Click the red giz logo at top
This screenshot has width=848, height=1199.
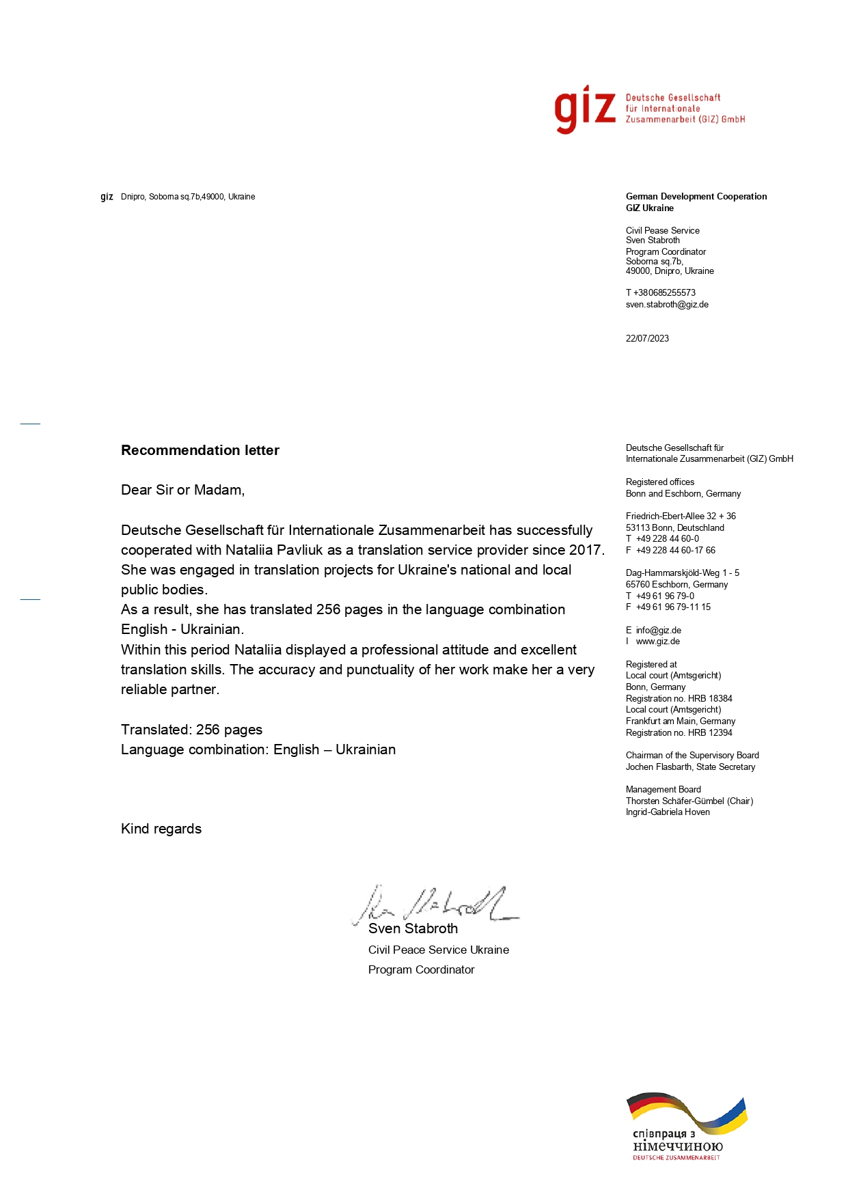pos(585,109)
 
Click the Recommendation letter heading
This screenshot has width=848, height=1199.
pos(200,450)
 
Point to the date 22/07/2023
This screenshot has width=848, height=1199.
pos(647,339)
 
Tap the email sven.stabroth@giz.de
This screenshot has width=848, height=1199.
pos(667,305)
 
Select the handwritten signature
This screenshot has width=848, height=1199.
pos(434,905)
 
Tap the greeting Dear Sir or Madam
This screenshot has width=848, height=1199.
pos(182,490)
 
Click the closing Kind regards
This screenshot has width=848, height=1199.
pos(161,829)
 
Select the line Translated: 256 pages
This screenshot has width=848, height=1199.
pos(191,730)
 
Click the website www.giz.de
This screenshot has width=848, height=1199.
pos(657,642)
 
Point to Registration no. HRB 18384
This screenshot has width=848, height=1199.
pos(679,698)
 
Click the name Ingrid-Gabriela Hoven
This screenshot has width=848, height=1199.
pos(668,812)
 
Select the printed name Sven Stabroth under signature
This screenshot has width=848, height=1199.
pos(413,928)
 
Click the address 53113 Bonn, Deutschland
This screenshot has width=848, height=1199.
pos(674,527)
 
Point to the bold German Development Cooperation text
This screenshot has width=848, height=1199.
pos(696,197)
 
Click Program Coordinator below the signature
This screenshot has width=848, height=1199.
pos(421,969)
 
